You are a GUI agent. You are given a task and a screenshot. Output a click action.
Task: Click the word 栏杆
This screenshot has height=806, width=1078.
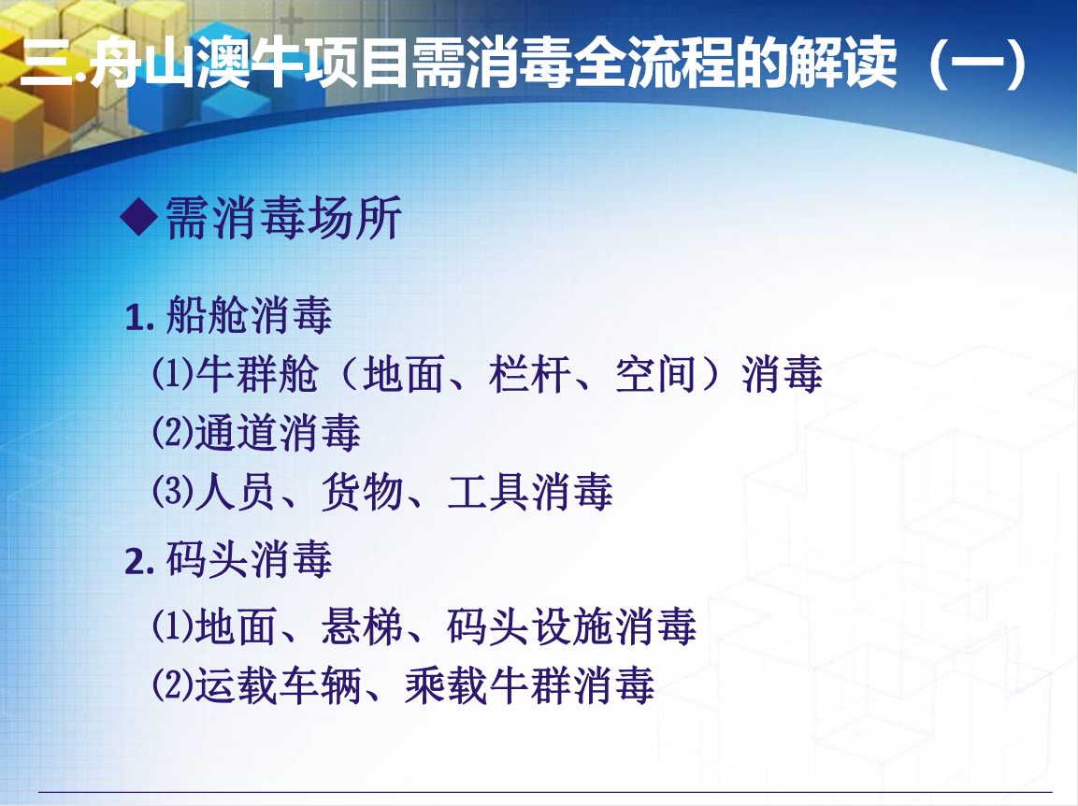click(530, 375)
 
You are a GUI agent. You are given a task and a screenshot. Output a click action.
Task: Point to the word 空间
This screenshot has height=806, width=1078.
click(656, 375)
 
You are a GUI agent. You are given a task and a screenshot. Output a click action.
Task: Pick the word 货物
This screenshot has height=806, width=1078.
click(363, 493)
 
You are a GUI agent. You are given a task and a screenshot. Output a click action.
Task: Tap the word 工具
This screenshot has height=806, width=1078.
click(488, 493)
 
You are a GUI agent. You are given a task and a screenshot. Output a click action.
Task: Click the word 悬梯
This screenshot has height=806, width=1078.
click(363, 626)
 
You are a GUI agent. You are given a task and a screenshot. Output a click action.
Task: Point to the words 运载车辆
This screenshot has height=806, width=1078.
click(279, 685)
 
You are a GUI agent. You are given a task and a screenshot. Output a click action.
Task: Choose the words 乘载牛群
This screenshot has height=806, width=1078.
click(488, 685)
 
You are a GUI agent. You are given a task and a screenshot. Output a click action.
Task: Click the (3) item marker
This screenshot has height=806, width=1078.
click(173, 493)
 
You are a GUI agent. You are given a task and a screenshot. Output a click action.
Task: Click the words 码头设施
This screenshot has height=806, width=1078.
click(530, 626)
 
